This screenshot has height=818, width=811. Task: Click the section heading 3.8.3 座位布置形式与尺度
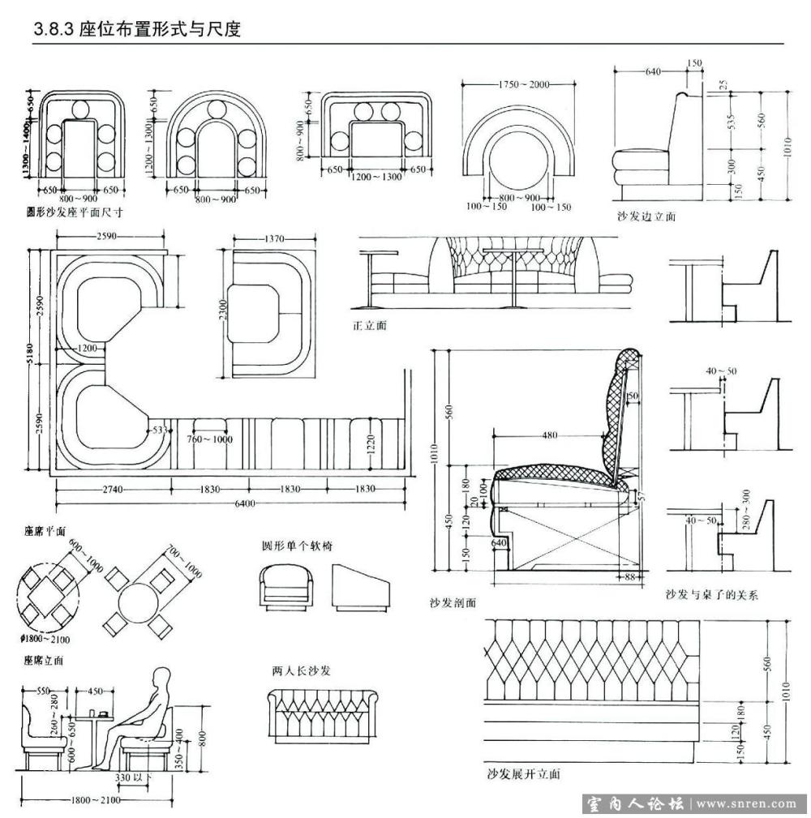tap(137, 30)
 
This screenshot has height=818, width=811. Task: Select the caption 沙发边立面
tap(646, 216)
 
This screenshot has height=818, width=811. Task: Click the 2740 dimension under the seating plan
tap(113, 489)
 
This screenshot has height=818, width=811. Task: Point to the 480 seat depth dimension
tap(550, 435)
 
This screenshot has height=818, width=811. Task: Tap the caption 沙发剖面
tap(453, 602)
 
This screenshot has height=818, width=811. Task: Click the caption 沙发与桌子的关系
tap(711, 595)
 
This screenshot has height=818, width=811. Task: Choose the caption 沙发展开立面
tap(523, 773)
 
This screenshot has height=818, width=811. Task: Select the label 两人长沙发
tap(302, 670)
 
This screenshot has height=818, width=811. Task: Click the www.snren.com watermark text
tap(746, 804)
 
